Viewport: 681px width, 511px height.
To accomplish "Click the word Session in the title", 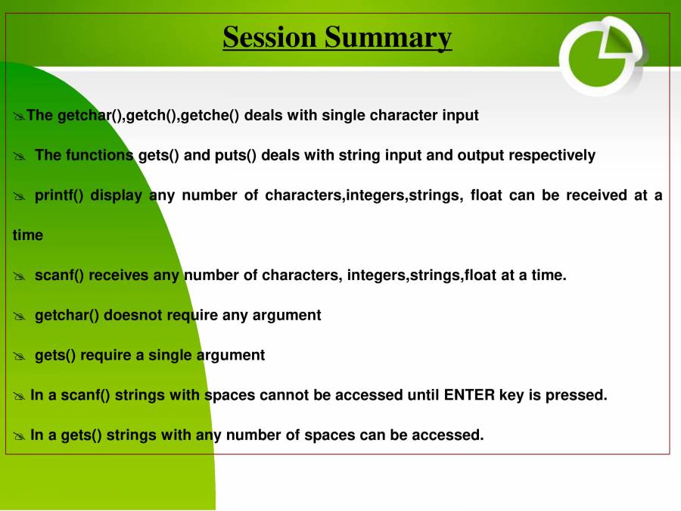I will (x=270, y=36).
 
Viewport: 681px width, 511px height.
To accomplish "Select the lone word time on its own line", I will (x=28, y=235).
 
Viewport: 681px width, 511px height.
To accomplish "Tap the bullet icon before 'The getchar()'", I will (x=19, y=117).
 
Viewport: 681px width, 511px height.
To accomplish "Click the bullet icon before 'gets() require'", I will (x=19, y=356).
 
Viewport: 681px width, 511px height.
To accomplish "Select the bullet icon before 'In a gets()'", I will (x=19, y=436).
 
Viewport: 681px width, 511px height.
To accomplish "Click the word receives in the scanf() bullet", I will (x=119, y=275).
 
